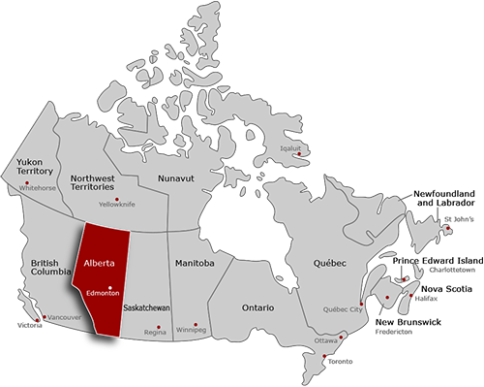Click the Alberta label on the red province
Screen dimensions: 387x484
[102, 263]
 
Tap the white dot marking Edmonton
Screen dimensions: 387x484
[111, 286]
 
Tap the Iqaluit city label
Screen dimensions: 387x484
[291, 148]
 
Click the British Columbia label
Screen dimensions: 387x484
[51, 268]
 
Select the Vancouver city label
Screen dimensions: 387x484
[64, 317]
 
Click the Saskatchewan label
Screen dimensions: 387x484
[147, 307]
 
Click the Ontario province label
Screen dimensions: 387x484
[257, 307]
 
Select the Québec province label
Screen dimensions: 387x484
[331, 263]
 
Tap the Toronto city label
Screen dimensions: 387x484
[339, 362]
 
